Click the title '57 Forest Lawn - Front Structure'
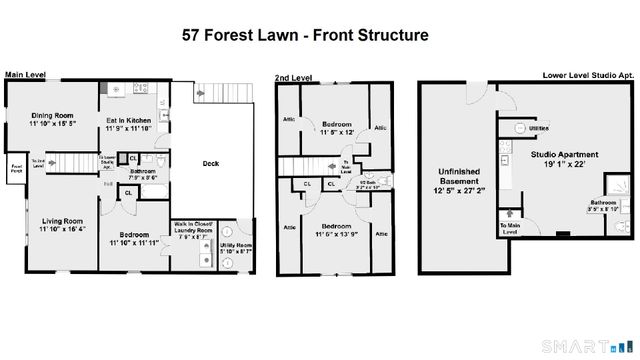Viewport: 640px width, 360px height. click(305, 34)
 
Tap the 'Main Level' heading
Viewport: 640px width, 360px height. click(28, 75)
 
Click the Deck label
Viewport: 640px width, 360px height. click(211, 164)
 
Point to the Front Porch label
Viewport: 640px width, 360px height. click(16, 167)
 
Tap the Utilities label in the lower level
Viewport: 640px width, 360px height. click(538, 129)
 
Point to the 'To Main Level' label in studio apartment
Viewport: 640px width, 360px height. click(509, 230)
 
